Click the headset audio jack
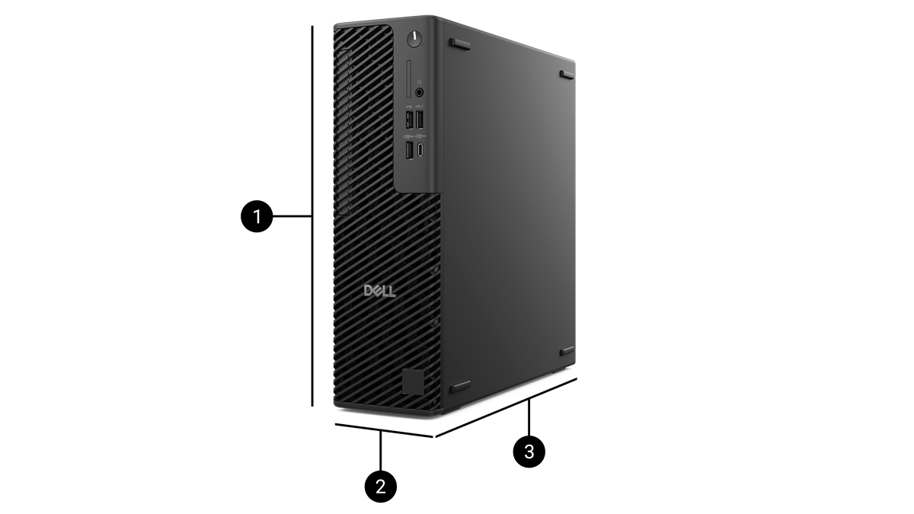[x=419, y=91]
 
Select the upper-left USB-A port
[x=409, y=120]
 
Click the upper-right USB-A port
[x=420, y=120]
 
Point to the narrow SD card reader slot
[x=411, y=76]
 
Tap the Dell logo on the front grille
[x=379, y=291]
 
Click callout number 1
[x=257, y=217]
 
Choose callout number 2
[x=381, y=487]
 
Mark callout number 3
[x=529, y=452]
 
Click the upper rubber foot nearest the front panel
[x=459, y=43]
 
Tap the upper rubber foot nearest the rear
[x=567, y=75]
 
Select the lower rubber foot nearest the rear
[x=567, y=351]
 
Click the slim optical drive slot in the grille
[x=344, y=133]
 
